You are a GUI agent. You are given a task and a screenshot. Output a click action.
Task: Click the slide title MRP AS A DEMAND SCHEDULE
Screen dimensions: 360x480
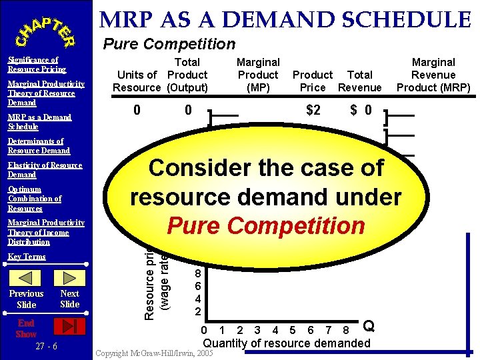click(285, 19)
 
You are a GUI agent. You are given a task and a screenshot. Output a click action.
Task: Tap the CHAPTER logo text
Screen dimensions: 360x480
click(46, 29)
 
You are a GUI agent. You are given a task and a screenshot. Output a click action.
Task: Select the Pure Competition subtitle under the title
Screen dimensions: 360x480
click(169, 44)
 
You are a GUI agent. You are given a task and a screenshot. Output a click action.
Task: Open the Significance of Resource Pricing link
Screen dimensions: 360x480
click(37, 65)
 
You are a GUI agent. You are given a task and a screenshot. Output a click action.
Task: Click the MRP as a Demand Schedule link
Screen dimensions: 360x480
click(39, 122)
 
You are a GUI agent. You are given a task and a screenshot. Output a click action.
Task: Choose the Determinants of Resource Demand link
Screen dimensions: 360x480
click(39, 146)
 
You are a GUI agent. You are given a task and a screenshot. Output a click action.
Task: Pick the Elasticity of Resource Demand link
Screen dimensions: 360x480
click(45, 170)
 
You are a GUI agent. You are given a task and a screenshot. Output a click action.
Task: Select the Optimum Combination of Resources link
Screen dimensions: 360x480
click(35, 199)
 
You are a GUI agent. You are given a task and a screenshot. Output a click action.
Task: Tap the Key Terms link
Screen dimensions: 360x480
click(27, 257)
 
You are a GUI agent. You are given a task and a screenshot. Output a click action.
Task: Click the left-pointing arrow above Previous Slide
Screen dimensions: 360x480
click(27, 275)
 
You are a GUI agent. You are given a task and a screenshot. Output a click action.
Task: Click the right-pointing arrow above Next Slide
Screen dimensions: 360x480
click(69, 275)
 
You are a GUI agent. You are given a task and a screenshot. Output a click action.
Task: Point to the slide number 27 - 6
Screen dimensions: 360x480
click(46, 346)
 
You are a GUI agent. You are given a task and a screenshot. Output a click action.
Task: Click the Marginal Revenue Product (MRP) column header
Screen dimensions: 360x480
click(433, 75)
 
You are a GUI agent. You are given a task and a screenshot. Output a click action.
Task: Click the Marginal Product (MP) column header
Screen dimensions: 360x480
click(258, 75)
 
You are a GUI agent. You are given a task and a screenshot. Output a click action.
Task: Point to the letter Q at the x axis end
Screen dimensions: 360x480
click(368, 326)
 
